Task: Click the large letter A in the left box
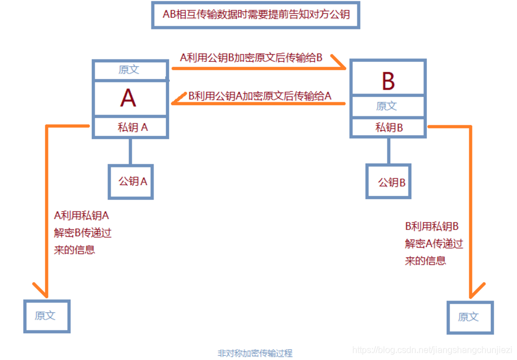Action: [x=129, y=98]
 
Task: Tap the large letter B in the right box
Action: [x=388, y=81]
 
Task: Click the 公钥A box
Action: [x=131, y=181]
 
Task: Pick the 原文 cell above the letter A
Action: [x=130, y=70]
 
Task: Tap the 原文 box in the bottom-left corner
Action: [x=47, y=316]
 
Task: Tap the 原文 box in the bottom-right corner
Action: [x=469, y=317]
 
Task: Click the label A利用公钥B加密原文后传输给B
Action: [x=251, y=58]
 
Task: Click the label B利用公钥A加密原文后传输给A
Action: [x=259, y=96]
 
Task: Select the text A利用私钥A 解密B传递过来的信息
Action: [x=82, y=233]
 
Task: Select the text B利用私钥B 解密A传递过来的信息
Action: [x=434, y=243]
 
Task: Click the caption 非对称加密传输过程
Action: [x=255, y=353]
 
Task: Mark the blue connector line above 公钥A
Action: [x=130, y=151]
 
